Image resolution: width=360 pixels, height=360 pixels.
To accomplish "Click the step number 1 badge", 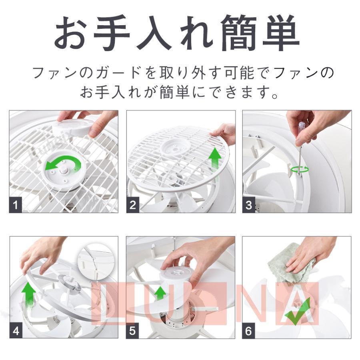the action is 15,205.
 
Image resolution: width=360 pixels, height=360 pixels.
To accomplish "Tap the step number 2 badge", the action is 133,205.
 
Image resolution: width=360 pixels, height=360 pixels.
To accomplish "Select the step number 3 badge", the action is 249,205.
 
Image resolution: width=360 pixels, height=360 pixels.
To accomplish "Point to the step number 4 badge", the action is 16,331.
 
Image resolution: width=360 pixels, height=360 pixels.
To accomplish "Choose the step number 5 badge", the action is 132,331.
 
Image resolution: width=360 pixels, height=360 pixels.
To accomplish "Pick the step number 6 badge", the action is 249,331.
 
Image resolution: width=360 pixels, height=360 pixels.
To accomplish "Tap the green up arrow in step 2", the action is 215,159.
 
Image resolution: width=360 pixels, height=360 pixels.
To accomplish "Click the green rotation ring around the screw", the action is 300,170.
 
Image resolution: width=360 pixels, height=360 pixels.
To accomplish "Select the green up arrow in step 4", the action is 29,294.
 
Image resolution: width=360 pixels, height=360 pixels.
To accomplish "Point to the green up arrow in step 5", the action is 160,293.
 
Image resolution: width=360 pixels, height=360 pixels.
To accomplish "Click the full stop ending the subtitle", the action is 275,95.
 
